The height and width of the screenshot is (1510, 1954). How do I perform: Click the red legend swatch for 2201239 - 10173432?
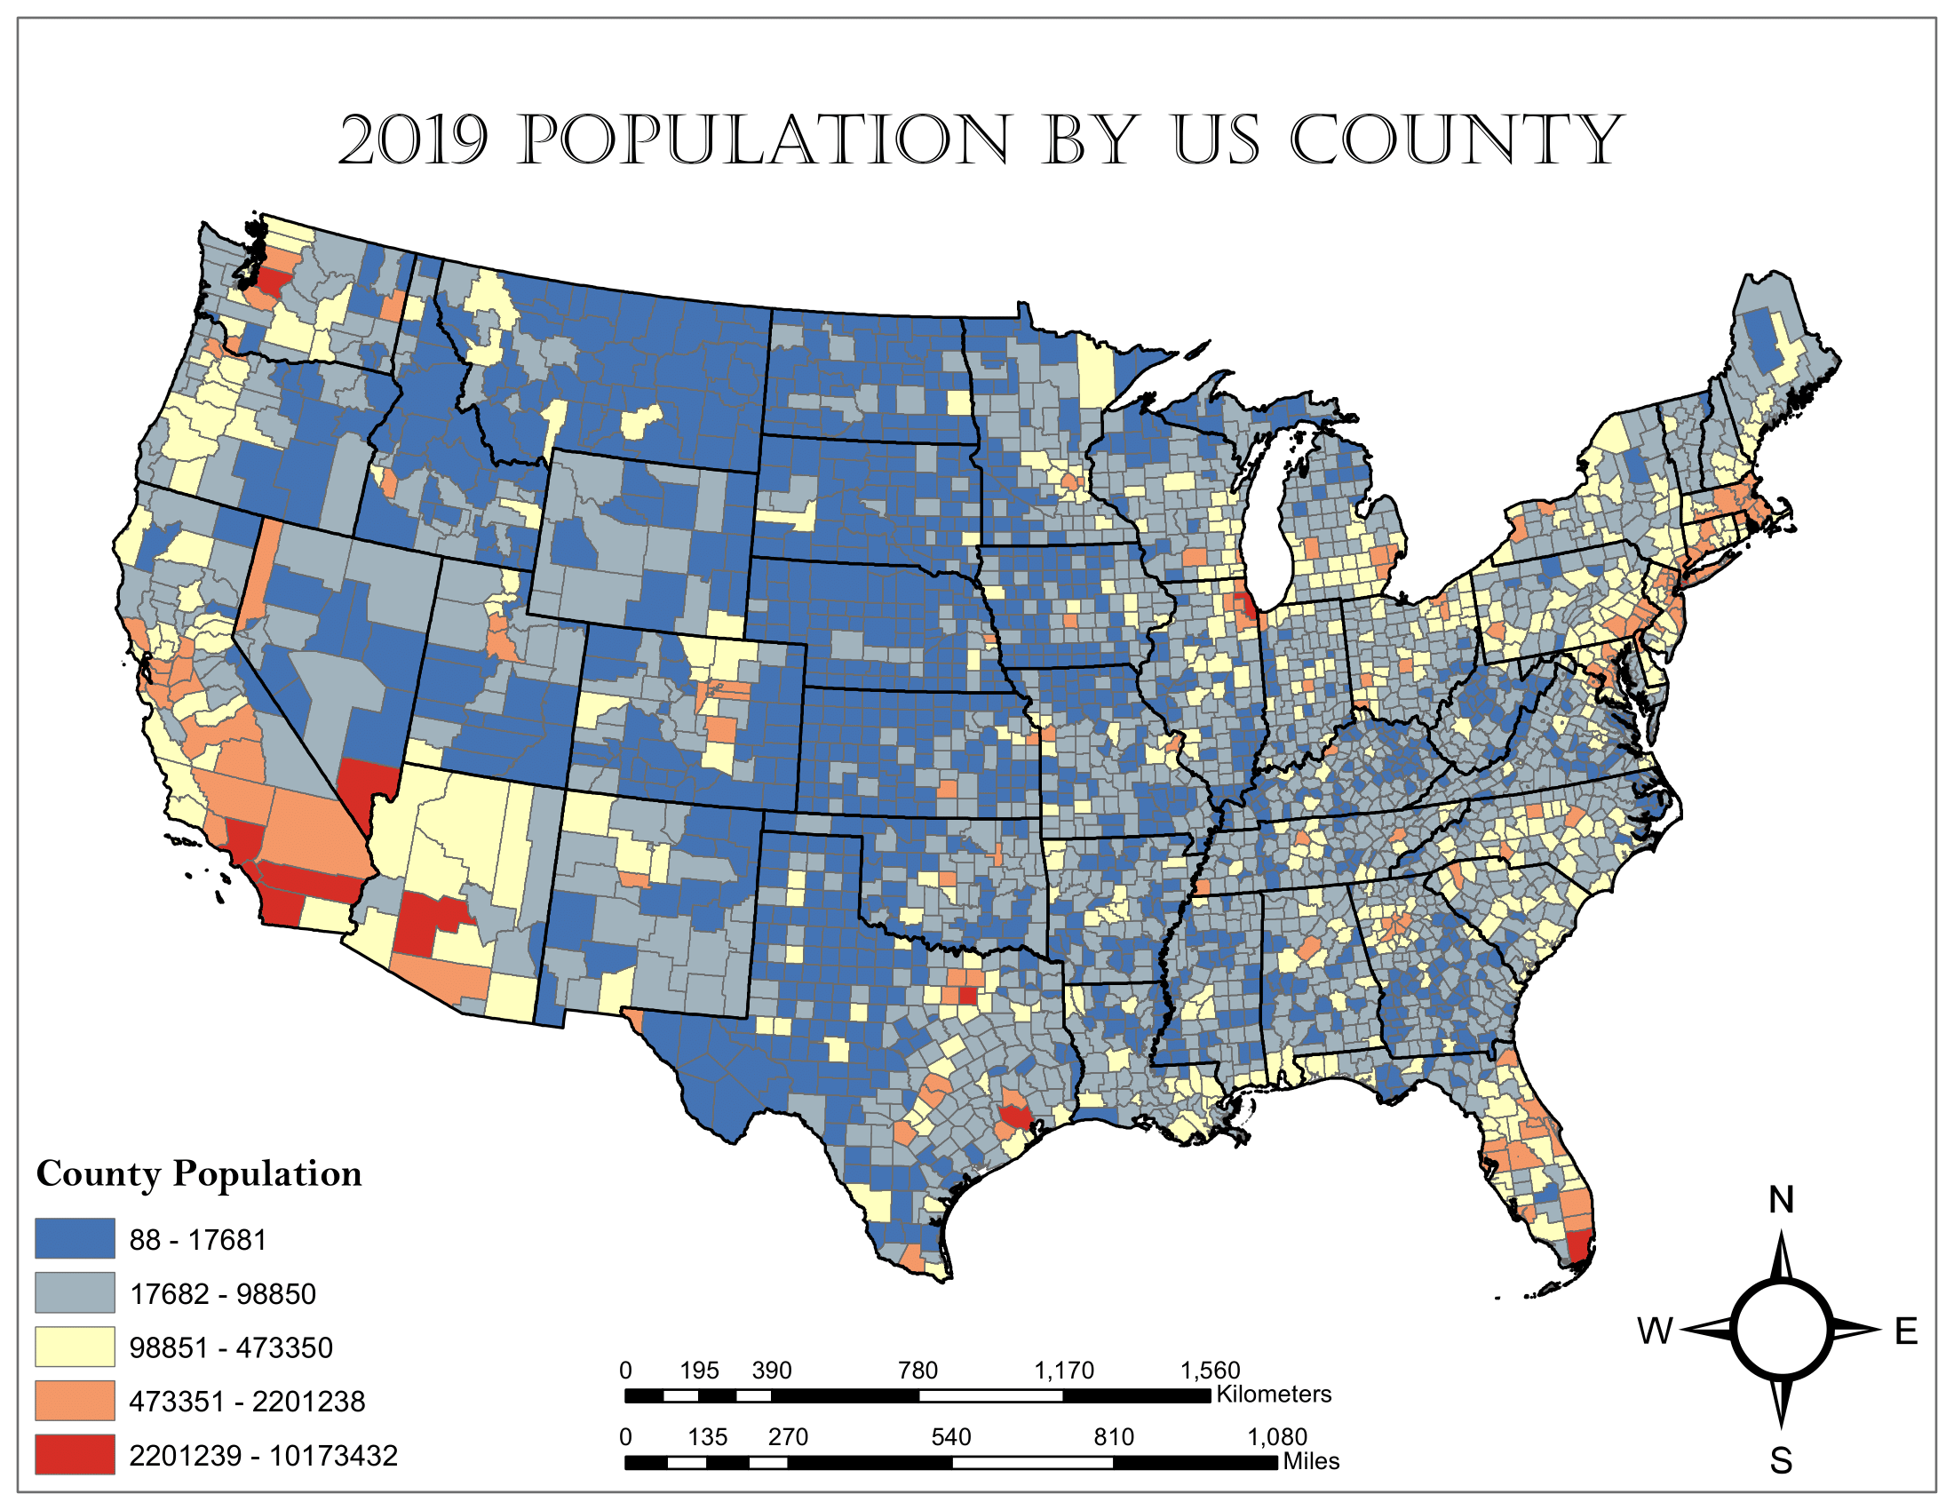click(x=75, y=1455)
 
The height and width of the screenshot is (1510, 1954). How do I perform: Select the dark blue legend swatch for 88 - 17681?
click(x=75, y=1239)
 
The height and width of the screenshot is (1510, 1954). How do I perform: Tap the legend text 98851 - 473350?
click(x=231, y=1347)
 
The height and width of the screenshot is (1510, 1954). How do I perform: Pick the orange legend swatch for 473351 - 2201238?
click(x=75, y=1401)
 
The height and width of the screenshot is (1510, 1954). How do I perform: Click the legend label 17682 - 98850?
click(x=223, y=1293)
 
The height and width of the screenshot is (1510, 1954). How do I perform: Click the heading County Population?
click(x=199, y=1173)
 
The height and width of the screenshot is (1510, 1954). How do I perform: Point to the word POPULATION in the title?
click(x=765, y=140)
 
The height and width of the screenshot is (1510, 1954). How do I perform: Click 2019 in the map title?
click(x=413, y=140)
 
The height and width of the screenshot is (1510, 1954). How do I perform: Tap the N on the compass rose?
click(x=1782, y=1201)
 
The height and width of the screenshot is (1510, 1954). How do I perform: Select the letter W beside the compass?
click(x=1656, y=1331)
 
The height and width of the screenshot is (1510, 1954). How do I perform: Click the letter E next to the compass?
click(x=1906, y=1332)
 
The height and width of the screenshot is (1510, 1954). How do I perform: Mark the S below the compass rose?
click(x=1782, y=1461)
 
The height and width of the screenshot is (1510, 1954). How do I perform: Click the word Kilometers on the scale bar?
click(x=1274, y=1395)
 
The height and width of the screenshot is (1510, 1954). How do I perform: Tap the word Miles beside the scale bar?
click(x=1311, y=1462)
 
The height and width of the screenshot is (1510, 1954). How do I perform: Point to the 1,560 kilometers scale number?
click(x=1211, y=1371)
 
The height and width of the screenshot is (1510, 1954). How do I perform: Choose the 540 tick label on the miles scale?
click(x=950, y=1437)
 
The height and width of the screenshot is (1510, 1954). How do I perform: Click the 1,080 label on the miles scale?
click(x=1277, y=1437)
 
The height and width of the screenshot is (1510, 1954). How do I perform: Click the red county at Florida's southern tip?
click(x=1580, y=1246)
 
